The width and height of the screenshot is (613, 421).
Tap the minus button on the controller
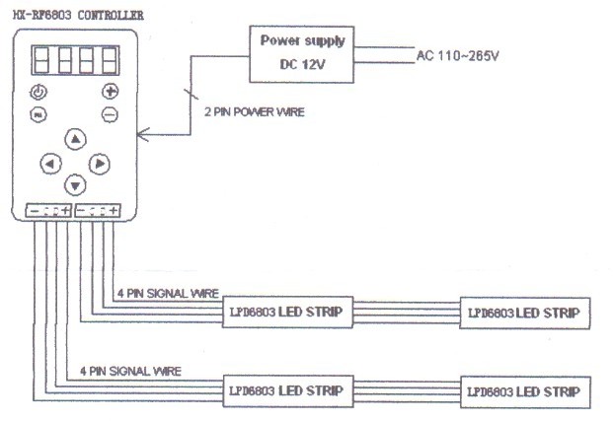[x=110, y=114]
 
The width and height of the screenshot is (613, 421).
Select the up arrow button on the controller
[x=75, y=139]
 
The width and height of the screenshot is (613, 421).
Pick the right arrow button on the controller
[x=99, y=163]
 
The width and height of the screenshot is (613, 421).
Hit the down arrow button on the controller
[x=75, y=184]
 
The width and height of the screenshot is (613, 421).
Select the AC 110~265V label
[x=458, y=56]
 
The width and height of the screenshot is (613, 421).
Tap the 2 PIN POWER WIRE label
[x=253, y=112]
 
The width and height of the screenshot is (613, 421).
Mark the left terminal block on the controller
[x=48, y=210]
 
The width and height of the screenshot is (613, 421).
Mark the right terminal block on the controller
[x=98, y=210]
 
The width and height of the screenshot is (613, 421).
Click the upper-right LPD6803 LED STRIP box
[x=525, y=313]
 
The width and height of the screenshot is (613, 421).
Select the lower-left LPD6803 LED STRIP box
[x=285, y=390]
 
